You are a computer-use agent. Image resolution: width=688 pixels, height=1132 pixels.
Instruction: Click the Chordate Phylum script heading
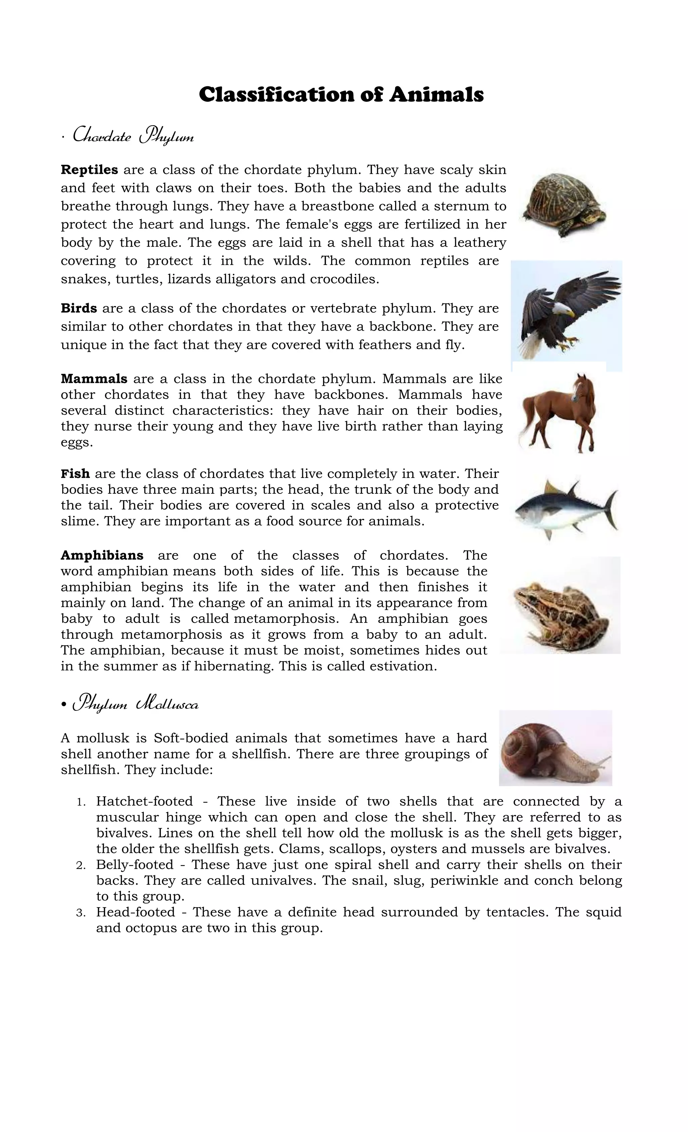pyautogui.click(x=133, y=137)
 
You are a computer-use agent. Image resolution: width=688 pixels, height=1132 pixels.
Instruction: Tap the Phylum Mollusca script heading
pyautogui.click(x=136, y=704)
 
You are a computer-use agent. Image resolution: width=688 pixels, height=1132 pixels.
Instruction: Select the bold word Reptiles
pyautogui.click(x=89, y=170)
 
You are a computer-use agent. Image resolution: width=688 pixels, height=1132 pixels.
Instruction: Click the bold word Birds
pyautogui.click(x=79, y=308)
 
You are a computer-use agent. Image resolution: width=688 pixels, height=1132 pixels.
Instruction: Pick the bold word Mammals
pyautogui.click(x=94, y=379)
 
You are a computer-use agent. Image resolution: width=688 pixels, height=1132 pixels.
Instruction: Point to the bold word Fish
pyautogui.click(x=75, y=474)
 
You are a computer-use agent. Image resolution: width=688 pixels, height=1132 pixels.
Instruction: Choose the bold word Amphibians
pyautogui.click(x=102, y=555)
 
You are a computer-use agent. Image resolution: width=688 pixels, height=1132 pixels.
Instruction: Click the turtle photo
pyautogui.click(x=563, y=204)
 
